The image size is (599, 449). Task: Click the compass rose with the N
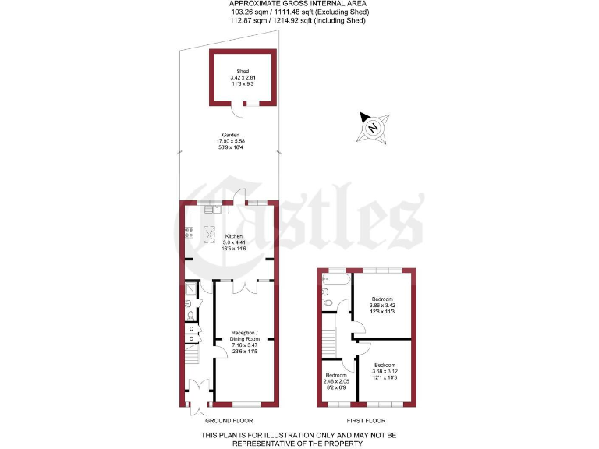[x=373, y=128]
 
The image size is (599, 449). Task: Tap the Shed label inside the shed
[x=243, y=77]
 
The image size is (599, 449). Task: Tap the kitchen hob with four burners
[x=187, y=232]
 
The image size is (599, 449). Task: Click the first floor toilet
[x=328, y=299]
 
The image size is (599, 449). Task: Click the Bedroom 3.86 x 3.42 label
[x=382, y=306]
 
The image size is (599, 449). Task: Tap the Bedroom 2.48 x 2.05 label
[x=336, y=381]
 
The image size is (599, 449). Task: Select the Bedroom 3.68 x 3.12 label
[x=384, y=372]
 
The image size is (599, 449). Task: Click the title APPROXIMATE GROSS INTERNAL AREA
[x=299, y=5]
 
